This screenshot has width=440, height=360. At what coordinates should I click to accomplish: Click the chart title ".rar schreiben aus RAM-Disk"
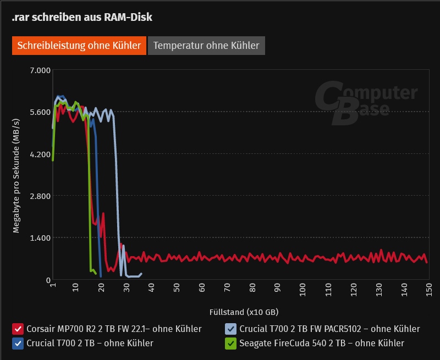[x=82, y=18]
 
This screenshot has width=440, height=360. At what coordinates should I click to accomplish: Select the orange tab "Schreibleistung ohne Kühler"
[x=79, y=46]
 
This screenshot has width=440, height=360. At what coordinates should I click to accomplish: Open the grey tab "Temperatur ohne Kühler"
[x=206, y=46]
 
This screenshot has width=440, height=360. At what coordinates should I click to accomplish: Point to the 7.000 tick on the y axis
[x=40, y=70]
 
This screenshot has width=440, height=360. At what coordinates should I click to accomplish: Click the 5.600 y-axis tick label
[x=40, y=112]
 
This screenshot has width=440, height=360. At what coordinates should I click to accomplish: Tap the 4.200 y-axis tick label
[x=40, y=154]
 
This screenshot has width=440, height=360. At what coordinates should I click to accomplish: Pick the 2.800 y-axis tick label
[x=40, y=196]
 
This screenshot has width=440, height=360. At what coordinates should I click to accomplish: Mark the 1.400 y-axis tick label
[x=40, y=238]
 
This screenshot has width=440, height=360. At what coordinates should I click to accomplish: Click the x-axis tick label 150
[x=427, y=288]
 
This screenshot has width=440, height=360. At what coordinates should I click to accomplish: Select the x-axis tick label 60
[x=202, y=288]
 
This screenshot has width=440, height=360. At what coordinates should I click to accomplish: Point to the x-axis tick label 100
[x=302, y=288]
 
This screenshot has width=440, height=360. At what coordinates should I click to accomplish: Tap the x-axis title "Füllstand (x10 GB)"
[x=244, y=312]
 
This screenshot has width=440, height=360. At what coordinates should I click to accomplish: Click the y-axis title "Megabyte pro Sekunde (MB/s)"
[x=16, y=175]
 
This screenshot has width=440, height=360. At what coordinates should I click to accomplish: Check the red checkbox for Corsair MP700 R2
[x=18, y=329]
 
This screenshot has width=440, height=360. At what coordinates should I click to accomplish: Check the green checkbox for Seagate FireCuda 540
[x=231, y=344]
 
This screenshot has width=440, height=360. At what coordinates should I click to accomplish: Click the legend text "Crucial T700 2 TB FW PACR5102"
[x=329, y=329]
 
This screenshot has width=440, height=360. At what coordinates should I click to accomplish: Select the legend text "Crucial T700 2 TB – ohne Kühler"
[x=90, y=344]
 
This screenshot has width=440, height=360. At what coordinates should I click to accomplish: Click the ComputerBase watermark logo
[x=366, y=103]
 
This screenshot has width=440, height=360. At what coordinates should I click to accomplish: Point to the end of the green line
[x=96, y=273]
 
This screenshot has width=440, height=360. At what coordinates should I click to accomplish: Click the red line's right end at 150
[x=427, y=262]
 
